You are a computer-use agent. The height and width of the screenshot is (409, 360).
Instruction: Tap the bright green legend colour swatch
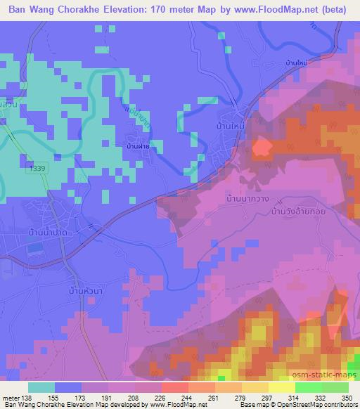[309, 387]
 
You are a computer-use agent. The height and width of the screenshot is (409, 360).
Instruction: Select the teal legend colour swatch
[41, 387]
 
